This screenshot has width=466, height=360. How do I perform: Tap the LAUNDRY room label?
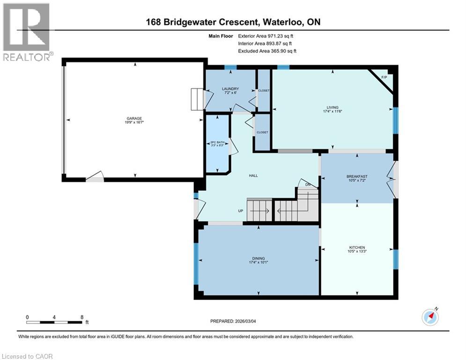pos(230,89)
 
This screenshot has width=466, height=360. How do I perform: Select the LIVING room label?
pos(333,107)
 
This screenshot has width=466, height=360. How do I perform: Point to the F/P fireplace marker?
pos(384,77)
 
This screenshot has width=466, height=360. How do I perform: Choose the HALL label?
pos(253,176)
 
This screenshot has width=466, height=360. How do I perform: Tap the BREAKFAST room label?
pos(357,176)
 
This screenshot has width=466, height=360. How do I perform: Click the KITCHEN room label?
pos(357,247)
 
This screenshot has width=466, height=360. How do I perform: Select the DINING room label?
pos(259,258)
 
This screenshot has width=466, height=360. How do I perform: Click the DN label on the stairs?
pos(307,184)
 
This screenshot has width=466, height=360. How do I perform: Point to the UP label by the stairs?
pos(241,211)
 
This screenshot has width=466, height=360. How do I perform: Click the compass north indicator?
pos(430,317)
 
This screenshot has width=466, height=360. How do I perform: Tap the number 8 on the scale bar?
pos(82,316)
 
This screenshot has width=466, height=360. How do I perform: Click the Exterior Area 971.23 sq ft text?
pos(266,36)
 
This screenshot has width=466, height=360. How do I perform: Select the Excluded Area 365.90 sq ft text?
pos(267,51)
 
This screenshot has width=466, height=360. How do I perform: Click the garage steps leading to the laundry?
pos(197,99)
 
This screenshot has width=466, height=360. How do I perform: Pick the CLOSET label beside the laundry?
pos(264,90)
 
